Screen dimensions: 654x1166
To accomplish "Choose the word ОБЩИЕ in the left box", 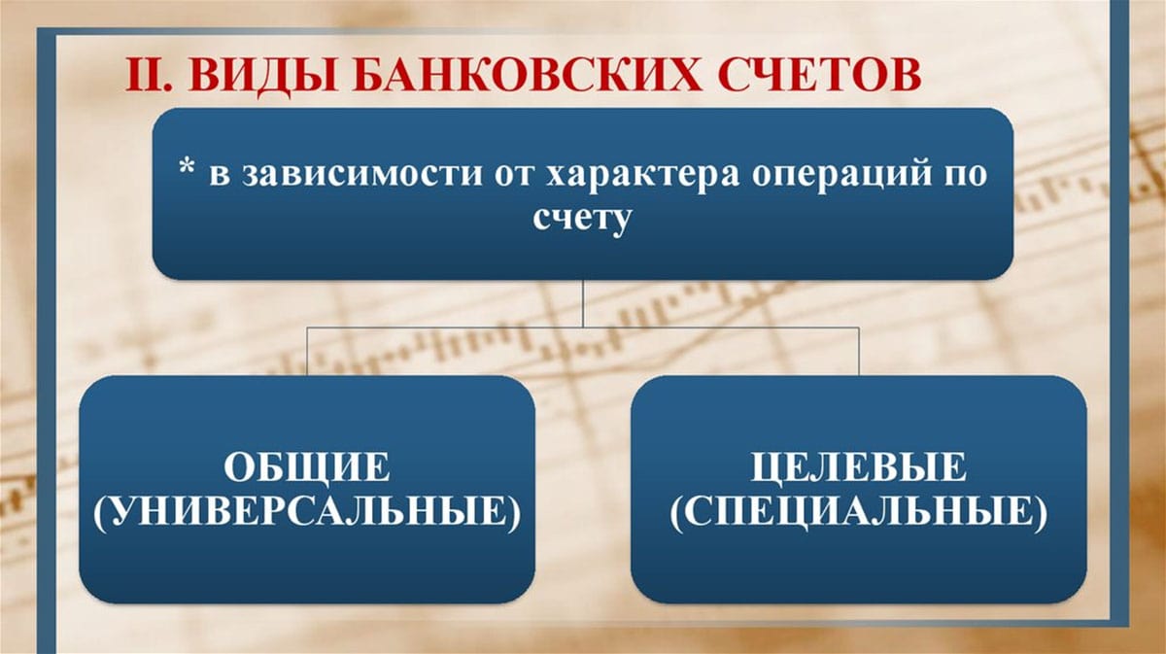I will coord(307,468).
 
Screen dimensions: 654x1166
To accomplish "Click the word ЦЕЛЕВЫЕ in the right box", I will coord(859,468).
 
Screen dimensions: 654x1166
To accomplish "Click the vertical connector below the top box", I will coord(583,303).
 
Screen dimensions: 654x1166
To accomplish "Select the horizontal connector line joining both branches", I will coord(583,328).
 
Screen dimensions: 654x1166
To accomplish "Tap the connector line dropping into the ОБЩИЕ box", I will coord(307,352).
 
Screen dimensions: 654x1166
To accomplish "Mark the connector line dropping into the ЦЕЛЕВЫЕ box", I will coord(859,352).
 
